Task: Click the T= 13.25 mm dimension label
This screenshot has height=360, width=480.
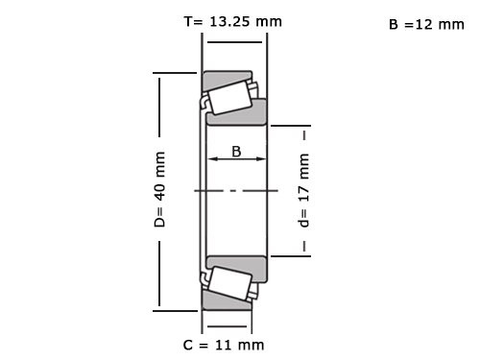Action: pyautogui.click(x=233, y=20)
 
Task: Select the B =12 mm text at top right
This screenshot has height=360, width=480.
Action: pyautogui.click(x=425, y=24)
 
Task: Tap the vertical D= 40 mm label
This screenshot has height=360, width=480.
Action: pyautogui.click(x=160, y=189)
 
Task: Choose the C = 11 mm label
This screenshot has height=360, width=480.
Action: pyautogui.click(x=223, y=344)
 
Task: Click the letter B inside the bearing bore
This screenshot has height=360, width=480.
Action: pyautogui.click(x=236, y=150)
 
